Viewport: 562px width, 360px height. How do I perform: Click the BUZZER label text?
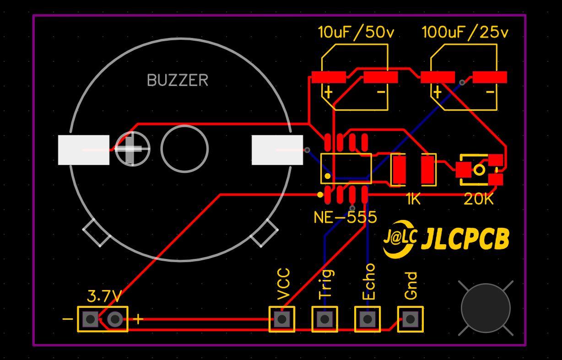178,81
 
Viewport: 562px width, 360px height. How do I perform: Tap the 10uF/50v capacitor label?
356,32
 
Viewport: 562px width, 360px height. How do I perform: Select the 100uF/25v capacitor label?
465,32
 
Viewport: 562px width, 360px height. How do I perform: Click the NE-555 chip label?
346,217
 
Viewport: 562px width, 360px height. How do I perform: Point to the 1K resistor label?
413,199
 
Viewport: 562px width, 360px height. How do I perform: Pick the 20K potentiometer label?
479,199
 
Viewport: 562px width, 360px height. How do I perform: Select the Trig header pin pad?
325,319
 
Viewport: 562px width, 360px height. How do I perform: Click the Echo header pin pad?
367,319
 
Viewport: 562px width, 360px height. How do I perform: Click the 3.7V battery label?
104,297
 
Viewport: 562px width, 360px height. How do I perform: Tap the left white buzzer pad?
84,150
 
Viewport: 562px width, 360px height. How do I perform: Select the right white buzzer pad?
277,150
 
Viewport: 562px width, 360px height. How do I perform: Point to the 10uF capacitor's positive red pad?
329,77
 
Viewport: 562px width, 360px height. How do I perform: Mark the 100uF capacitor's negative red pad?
490,77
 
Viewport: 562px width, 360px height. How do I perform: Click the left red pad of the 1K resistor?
398,169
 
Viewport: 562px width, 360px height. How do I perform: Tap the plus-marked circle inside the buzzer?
132,149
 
